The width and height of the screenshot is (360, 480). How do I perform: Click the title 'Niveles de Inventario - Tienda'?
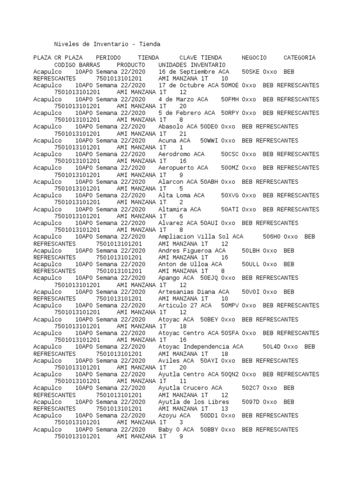pos(107,44)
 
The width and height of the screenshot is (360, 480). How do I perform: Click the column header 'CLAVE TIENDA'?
pos(201,58)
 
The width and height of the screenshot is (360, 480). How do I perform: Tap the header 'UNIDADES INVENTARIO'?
pos(192,65)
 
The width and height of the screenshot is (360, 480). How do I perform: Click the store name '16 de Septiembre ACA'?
pos(194,72)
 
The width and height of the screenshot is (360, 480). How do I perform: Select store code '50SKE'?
pos(251,72)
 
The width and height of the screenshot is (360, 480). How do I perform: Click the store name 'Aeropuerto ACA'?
pos(183,168)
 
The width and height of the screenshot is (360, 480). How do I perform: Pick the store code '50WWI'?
pos(209,141)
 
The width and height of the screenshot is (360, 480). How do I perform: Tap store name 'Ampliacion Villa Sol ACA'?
pos(201,237)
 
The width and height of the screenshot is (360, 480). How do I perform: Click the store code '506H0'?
pos(271,237)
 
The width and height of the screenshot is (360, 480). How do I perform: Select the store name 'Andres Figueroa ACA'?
pos(192,251)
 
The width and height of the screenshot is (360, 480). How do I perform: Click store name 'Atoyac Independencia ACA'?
pos(201,347)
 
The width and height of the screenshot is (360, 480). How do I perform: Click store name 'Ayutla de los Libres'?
pos(194,402)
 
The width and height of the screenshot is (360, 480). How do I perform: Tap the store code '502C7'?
pos(251,388)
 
